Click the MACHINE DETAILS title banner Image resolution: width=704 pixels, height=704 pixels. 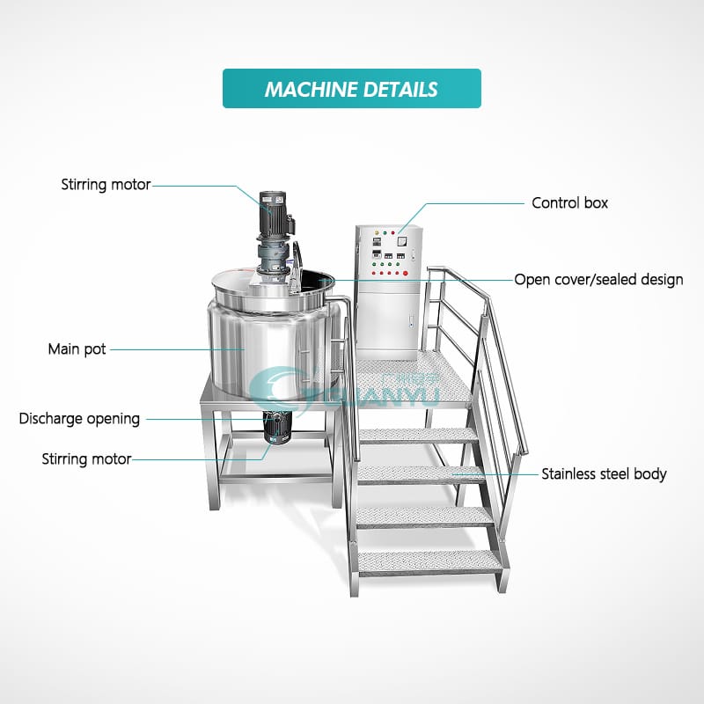351,89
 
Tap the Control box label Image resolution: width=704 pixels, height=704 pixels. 569,203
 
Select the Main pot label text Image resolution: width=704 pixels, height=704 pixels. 77,349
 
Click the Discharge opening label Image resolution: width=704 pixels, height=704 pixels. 79,419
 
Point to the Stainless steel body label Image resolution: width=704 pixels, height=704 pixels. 604,474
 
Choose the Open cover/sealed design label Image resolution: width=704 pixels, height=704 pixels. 598,280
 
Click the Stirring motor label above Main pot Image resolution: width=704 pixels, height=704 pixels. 106,185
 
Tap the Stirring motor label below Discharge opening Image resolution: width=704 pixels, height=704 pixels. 86,458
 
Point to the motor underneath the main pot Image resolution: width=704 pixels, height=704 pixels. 277,427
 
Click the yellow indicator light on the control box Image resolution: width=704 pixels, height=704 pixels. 377,233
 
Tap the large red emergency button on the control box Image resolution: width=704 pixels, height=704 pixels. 406,273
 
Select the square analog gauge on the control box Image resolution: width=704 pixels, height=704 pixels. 401,241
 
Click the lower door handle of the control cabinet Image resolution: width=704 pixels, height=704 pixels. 410,320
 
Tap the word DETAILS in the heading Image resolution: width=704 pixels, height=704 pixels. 400,90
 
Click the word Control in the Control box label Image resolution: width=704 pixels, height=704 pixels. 555,203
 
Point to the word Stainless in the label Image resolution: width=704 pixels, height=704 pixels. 568,474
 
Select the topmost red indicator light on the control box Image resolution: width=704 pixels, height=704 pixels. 392,233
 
